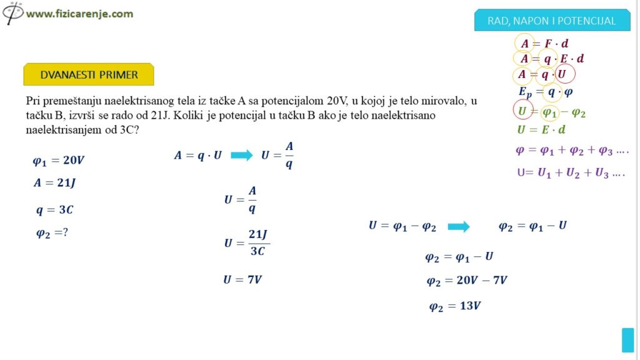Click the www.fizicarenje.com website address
pyautogui.click(x=79, y=13)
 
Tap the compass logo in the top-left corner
pyautogui.click(x=12, y=12)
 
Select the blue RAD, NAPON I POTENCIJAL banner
pyautogui.click(x=552, y=21)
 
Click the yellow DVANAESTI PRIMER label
pyautogui.click(x=89, y=74)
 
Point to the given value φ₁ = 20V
pyautogui.click(x=58, y=161)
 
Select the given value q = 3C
pyautogui.click(x=54, y=210)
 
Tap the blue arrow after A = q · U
pyautogui.click(x=241, y=156)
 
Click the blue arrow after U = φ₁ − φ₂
pyautogui.click(x=459, y=226)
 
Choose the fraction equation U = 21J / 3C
pyautogui.click(x=246, y=242)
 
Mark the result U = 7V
pyautogui.click(x=242, y=279)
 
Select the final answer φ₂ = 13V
pyautogui.click(x=454, y=306)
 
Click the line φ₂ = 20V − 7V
pyautogui.click(x=467, y=281)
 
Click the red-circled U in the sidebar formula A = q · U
pyautogui.click(x=565, y=75)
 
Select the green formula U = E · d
pyautogui.click(x=541, y=130)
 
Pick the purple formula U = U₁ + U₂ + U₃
pyautogui.click(x=571, y=173)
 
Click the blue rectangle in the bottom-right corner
pyautogui.click(x=627, y=340)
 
